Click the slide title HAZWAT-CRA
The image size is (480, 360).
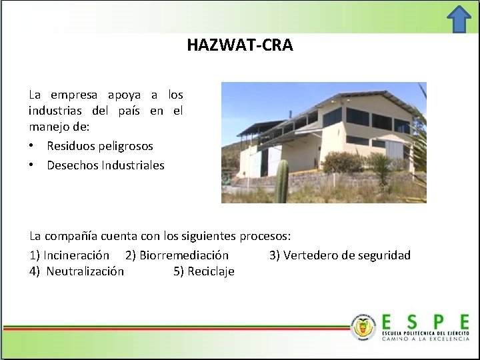coord(239,45)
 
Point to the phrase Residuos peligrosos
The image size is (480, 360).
coord(100,145)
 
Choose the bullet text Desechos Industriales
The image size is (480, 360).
coord(105,165)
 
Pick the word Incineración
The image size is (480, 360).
coord(77,255)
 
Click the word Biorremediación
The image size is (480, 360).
coord(184,255)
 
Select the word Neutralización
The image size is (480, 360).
coord(85,271)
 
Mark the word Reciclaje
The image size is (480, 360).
coord(211,271)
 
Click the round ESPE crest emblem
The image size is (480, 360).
coord(363,326)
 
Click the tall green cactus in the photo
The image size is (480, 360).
coord(281,181)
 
